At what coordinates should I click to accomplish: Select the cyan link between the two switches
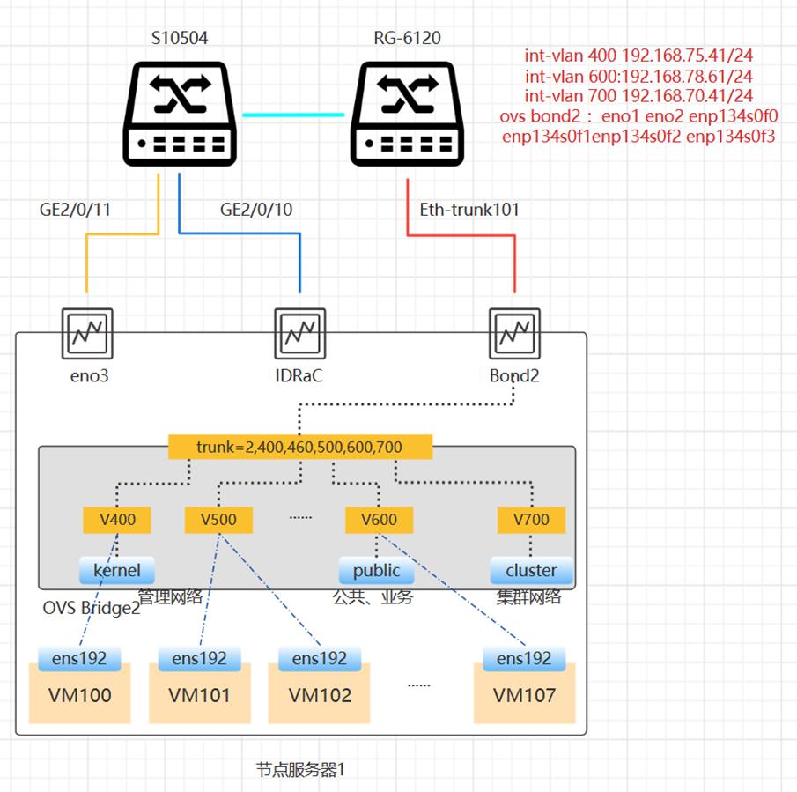[293, 115]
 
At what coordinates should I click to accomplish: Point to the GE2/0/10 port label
[256, 210]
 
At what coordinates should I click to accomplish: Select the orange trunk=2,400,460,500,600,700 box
[300, 447]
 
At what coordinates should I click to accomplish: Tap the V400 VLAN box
[117, 519]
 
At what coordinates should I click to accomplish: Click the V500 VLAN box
[218, 519]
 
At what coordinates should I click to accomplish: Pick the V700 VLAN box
[531, 519]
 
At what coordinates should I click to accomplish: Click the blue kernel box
[117, 569]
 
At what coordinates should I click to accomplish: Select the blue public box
[377, 569]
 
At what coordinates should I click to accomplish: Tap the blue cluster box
[531, 569]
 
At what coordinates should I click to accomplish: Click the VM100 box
[78, 694]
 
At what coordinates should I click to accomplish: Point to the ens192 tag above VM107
[523, 657]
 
